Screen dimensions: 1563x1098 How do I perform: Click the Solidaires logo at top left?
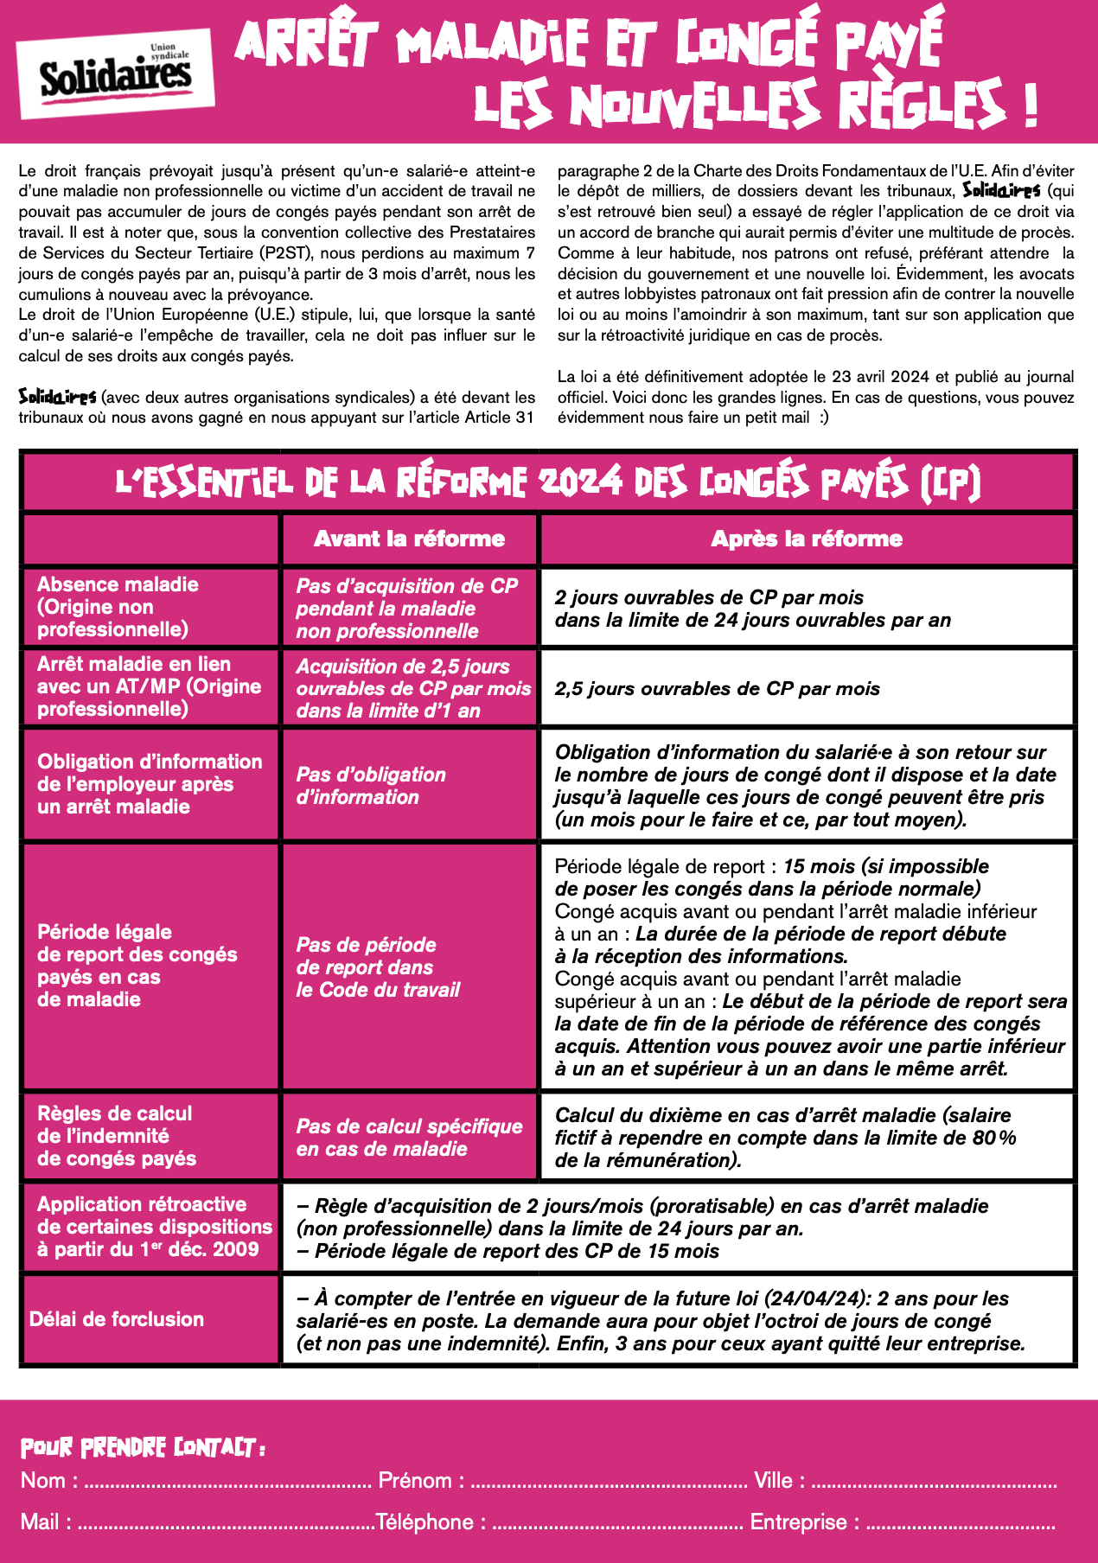[116, 74]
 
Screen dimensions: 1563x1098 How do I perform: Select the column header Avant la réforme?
[409, 539]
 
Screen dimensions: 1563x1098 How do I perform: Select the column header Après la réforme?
[806, 539]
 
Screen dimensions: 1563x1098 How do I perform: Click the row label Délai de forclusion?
[117, 1319]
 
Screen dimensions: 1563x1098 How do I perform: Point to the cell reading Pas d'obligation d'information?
[371, 786]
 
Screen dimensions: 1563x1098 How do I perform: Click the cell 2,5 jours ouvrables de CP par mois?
[717, 689]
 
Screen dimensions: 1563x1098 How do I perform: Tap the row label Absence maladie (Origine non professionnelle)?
[117, 607]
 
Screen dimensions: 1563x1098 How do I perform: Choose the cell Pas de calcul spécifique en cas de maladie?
[409, 1138]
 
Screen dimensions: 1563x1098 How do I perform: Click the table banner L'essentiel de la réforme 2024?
[548, 482]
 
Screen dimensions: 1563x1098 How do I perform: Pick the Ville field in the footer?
[934, 1482]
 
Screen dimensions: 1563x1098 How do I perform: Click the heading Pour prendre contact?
[143, 1447]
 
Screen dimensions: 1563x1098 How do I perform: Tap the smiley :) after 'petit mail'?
[823, 418]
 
